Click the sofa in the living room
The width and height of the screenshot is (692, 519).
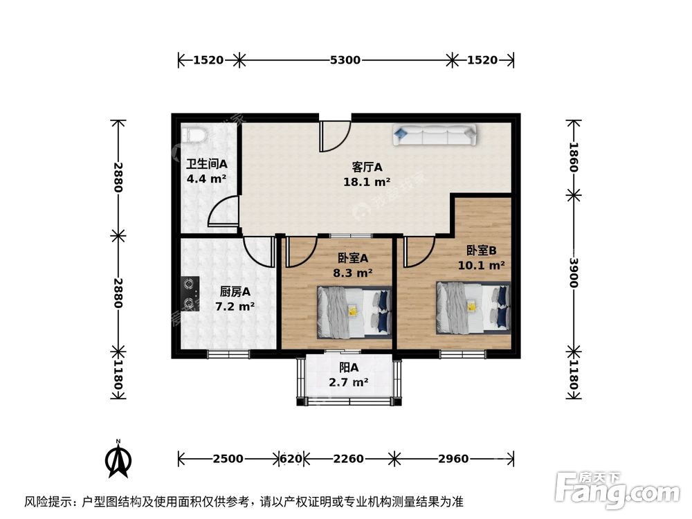(x=435, y=135)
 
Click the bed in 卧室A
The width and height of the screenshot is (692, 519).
(x=354, y=312)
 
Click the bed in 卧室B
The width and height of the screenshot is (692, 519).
(x=473, y=304)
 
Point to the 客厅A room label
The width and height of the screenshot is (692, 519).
(x=367, y=167)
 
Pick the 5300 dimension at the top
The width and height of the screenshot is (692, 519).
(x=345, y=60)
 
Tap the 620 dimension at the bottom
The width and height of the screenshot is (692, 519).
(x=290, y=458)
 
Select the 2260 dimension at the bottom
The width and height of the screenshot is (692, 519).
(x=348, y=458)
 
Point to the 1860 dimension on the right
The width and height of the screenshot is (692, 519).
(x=574, y=158)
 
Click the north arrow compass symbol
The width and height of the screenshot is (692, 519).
(x=119, y=460)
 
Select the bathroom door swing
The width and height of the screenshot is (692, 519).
(x=223, y=211)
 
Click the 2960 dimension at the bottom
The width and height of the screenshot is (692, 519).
(x=453, y=458)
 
